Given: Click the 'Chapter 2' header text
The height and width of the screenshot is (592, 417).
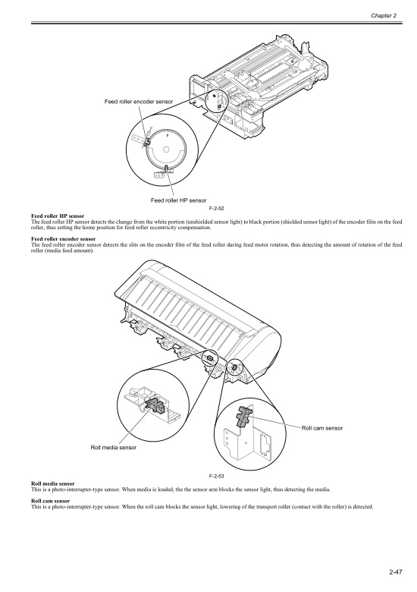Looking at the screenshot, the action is click(x=384, y=15).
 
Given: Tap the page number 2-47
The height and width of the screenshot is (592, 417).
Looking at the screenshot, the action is click(x=396, y=572).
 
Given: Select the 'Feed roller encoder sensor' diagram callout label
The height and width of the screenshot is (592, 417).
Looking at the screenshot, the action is click(x=139, y=102).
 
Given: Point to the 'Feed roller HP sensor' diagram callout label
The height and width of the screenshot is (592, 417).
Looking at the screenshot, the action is click(x=178, y=200).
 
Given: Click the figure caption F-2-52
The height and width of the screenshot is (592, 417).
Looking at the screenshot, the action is click(x=217, y=209).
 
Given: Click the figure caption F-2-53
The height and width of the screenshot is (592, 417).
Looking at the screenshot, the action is click(x=217, y=476).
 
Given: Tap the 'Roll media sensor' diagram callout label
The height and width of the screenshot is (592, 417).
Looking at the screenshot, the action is click(x=114, y=447).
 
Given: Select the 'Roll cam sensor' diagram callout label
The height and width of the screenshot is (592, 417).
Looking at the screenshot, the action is click(x=322, y=428).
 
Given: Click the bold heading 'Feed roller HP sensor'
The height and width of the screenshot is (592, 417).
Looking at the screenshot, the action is click(x=58, y=216).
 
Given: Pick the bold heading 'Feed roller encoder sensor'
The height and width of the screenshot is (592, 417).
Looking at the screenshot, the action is click(x=64, y=239).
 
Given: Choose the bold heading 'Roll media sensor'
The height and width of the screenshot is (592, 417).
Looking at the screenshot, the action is click(x=53, y=483).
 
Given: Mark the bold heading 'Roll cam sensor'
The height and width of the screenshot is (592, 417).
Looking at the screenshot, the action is click(x=51, y=501).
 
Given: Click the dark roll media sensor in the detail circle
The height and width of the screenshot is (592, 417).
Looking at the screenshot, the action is click(x=155, y=405).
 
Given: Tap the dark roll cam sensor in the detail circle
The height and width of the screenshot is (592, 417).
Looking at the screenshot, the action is click(x=243, y=416).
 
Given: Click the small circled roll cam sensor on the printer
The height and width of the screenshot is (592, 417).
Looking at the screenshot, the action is click(x=234, y=367).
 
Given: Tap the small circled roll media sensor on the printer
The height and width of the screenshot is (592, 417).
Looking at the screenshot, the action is click(x=210, y=357).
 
